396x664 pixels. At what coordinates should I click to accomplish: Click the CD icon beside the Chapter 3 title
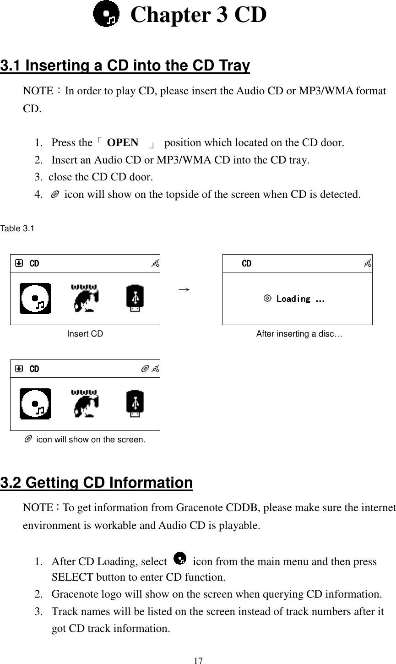click(106, 15)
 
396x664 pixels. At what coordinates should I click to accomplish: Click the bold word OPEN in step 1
click(123, 142)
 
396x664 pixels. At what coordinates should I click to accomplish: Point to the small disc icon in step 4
click(55, 195)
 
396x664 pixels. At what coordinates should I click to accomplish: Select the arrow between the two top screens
click(184, 289)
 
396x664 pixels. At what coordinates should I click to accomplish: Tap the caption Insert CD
click(85, 334)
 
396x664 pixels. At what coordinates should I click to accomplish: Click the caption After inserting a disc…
click(298, 334)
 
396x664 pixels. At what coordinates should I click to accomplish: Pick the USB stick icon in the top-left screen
click(135, 299)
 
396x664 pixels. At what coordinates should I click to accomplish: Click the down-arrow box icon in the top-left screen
click(19, 263)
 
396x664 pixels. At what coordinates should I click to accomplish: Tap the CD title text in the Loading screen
click(246, 263)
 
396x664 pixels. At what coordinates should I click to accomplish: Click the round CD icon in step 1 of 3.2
click(181, 559)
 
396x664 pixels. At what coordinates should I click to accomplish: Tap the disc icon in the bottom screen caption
click(28, 440)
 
